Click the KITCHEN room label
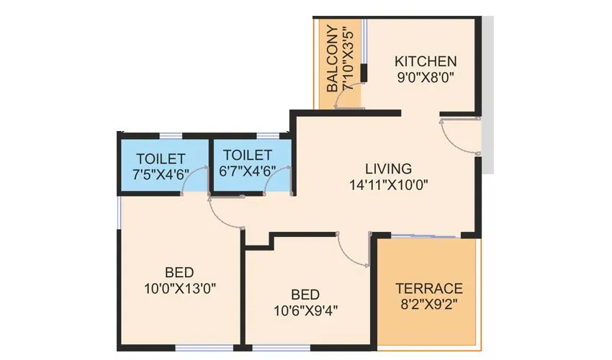[x=425, y=60]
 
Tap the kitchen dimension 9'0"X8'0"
[x=425, y=76]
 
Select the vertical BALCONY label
[x=332, y=58]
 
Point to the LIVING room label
[x=388, y=168]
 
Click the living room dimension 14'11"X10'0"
[x=388, y=184]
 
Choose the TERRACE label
[x=429, y=288]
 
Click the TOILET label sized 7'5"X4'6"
[x=161, y=158]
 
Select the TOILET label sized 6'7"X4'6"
[x=248, y=155]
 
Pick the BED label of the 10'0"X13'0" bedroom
[x=179, y=273]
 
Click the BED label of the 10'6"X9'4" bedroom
[x=305, y=294]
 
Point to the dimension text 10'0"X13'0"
[x=179, y=288]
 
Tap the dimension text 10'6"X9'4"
[x=305, y=310]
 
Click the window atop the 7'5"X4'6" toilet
[x=171, y=135]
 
